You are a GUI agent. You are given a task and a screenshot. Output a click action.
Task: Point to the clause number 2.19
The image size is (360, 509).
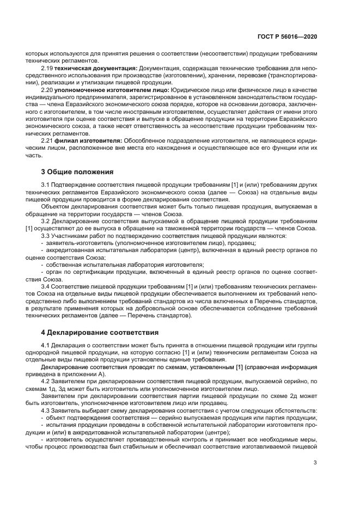(x=47, y=68)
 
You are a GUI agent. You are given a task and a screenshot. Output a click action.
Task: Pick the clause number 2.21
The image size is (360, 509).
(x=47, y=139)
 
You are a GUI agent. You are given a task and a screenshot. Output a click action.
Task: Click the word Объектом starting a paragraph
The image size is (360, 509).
(x=55, y=207)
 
